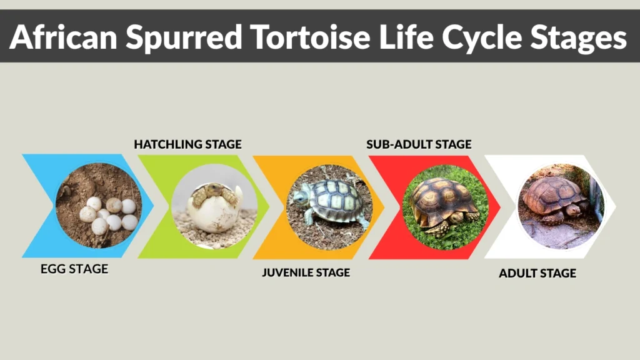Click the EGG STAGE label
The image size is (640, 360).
pyautogui.click(x=74, y=269)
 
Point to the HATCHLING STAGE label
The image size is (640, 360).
pyautogui.click(x=187, y=144)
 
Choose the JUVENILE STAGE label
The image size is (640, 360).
pyautogui.click(x=306, y=272)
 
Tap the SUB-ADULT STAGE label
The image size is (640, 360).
pyautogui.click(x=419, y=144)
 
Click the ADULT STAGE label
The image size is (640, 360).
pyautogui.click(x=537, y=273)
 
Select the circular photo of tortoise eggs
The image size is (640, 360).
pyautogui.click(x=99, y=207)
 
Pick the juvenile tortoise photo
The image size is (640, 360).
pyautogui.click(x=330, y=207)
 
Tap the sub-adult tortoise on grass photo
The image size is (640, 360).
pyautogui.click(x=445, y=207)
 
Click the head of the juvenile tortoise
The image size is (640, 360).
pyautogui.click(x=301, y=198)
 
